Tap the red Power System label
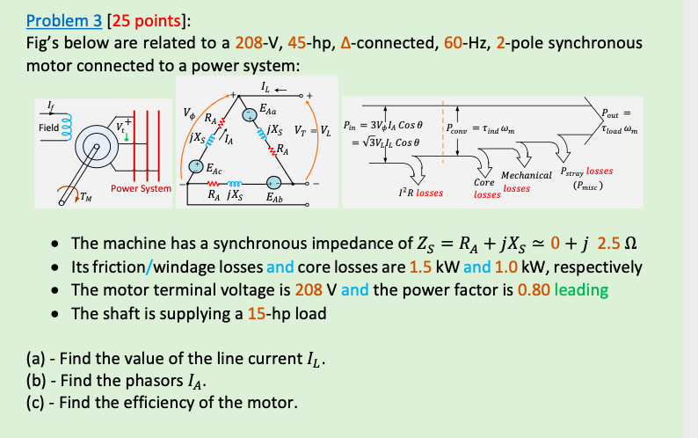click(x=141, y=189)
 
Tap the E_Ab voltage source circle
click(x=274, y=182)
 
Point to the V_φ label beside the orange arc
click(x=189, y=113)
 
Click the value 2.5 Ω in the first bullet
click(x=617, y=244)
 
